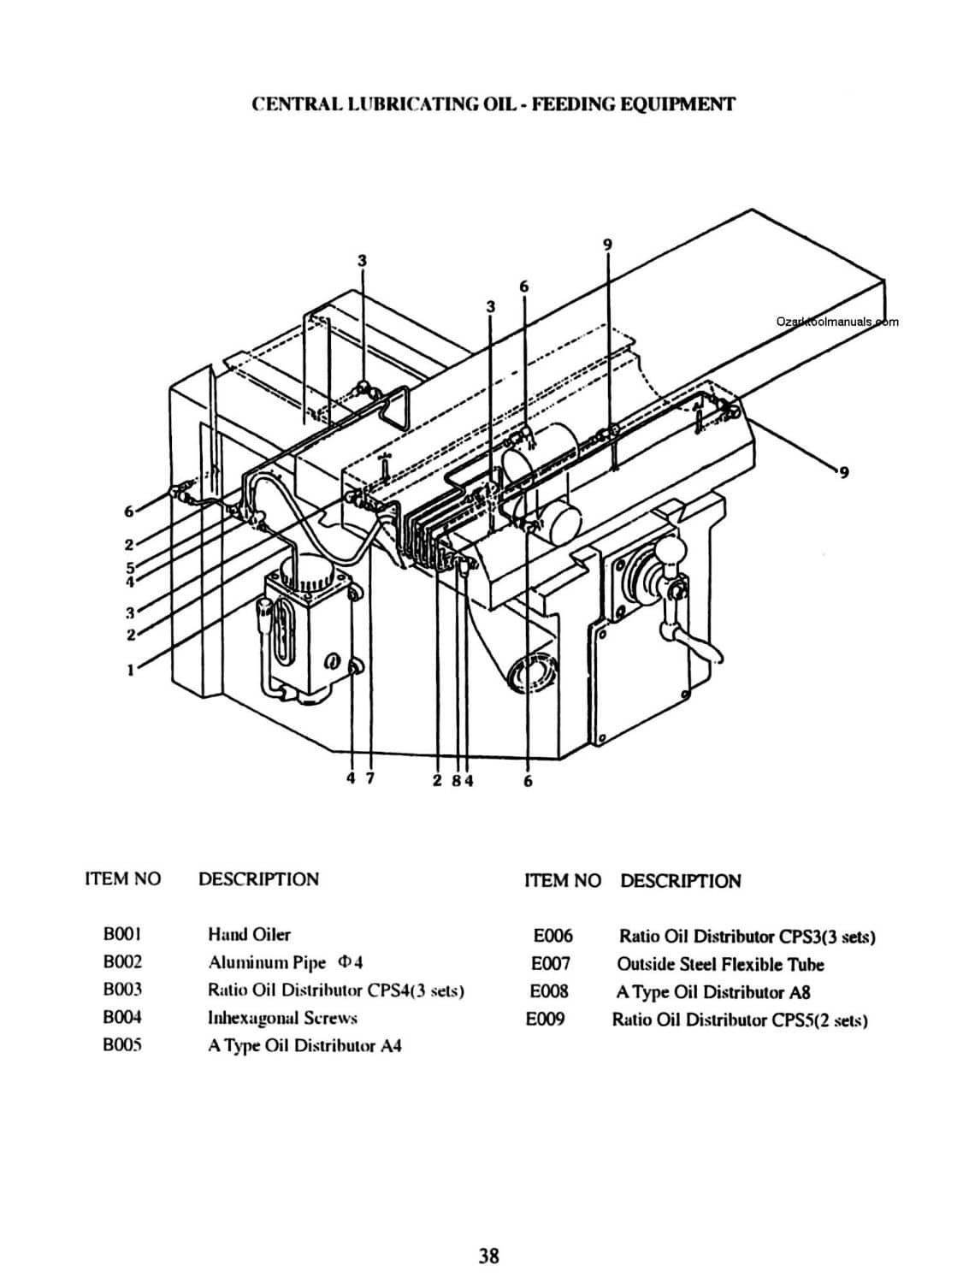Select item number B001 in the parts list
[x=122, y=935]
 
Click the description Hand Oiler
[x=249, y=935]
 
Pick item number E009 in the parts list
[x=546, y=1020]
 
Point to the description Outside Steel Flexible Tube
[x=720, y=965]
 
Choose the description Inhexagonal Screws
[x=282, y=1019]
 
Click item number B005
[x=122, y=1045]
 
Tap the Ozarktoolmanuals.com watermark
[x=837, y=322]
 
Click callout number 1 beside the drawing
[x=130, y=670]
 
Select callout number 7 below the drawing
[x=370, y=778]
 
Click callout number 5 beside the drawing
[x=130, y=567]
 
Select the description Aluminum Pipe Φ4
[x=285, y=962]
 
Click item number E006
[x=552, y=936]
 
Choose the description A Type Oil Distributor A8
[x=713, y=992]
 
